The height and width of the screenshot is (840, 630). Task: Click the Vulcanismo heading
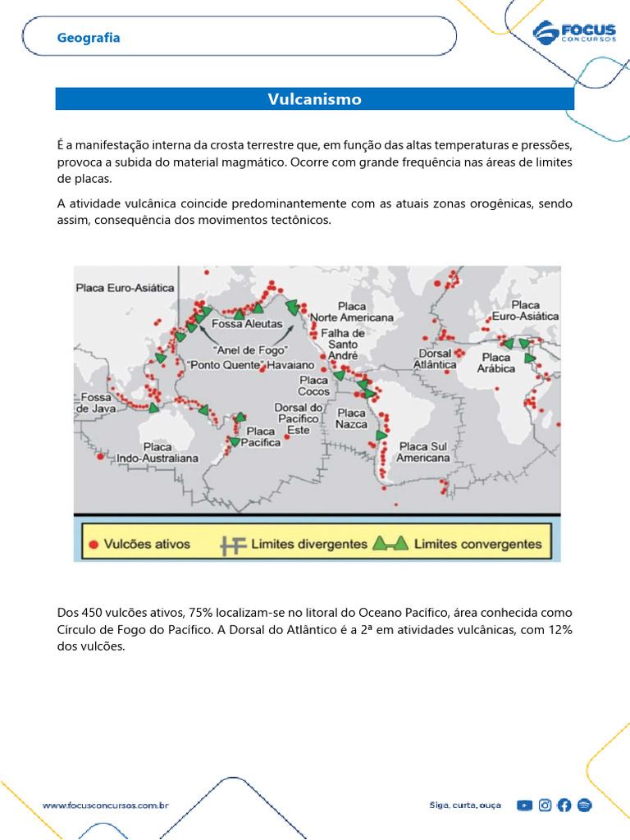tap(314, 99)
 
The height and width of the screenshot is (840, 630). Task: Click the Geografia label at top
tap(89, 38)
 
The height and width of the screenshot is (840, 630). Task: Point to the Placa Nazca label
tap(351, 418)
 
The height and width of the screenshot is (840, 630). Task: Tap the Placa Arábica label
tap(497, 363)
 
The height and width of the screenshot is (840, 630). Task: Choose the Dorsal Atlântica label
tap(435, 358)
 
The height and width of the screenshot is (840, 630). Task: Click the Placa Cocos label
tap(314, 386)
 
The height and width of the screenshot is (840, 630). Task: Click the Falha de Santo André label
tap(342, 344)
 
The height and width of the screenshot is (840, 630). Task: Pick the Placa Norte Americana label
tap(351, 312)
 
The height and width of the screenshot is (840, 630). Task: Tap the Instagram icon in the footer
tap(545, 806)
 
